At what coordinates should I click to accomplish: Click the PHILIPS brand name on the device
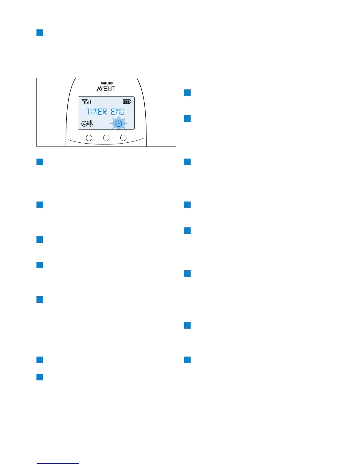pyautogui.click(x=107, y=83)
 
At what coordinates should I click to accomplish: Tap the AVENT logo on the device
pyautogui.click(x=106, y=89)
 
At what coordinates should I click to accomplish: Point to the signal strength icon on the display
pyautogui.click(x=86, y=102)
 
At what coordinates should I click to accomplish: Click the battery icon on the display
pyautogui.click(x=127, y=101)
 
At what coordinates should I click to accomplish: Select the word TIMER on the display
pyautogui.click(x=97, y=112)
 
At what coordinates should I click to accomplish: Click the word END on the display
pyautogui.click(x=118, y=112)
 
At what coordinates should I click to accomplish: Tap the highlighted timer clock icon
pyautogui.click(x=119, y=124)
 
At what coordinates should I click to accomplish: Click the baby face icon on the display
pyautogui.click(x=84, y=124)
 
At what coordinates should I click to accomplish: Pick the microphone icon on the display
pyautogui.click(x=91, y=124)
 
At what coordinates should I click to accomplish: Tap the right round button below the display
pyautogui.click(x=124, y=137)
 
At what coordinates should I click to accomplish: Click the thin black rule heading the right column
pyautogui.click(x=253, y=26)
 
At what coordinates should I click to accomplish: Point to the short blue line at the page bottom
pyautogui.click(x=58, y=463)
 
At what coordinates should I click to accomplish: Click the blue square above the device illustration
pyautogui.click(x=40, y=32)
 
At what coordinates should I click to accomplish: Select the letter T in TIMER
pyautogui.click(x=89, y=112)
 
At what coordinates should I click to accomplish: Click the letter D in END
pyautogui.click(x=122, y=112)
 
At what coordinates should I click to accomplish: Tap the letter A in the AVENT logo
pyautogui.click(x=99, y=89)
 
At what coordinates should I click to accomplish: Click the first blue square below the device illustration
pyautogui.click(x=40, y=162)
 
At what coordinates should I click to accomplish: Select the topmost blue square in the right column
pyautogui.click(x=187, y=93)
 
